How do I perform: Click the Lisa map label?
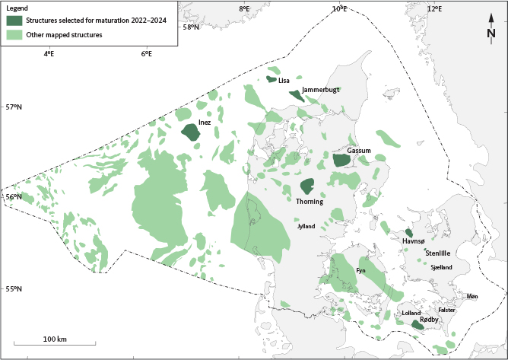coord(284,80)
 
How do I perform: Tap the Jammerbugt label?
coord(320,90)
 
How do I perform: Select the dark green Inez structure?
coord(190,132)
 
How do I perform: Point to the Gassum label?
coord(359,151)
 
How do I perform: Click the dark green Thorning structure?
coord(307,186)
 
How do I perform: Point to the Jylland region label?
coord(306,226)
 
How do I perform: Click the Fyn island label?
coord(361,270)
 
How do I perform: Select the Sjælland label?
coord(441,267)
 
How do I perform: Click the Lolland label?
coord(411,313)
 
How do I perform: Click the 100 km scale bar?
coord(55,345)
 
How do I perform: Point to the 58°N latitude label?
coord(191,27)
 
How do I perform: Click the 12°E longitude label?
coord(435,8)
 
